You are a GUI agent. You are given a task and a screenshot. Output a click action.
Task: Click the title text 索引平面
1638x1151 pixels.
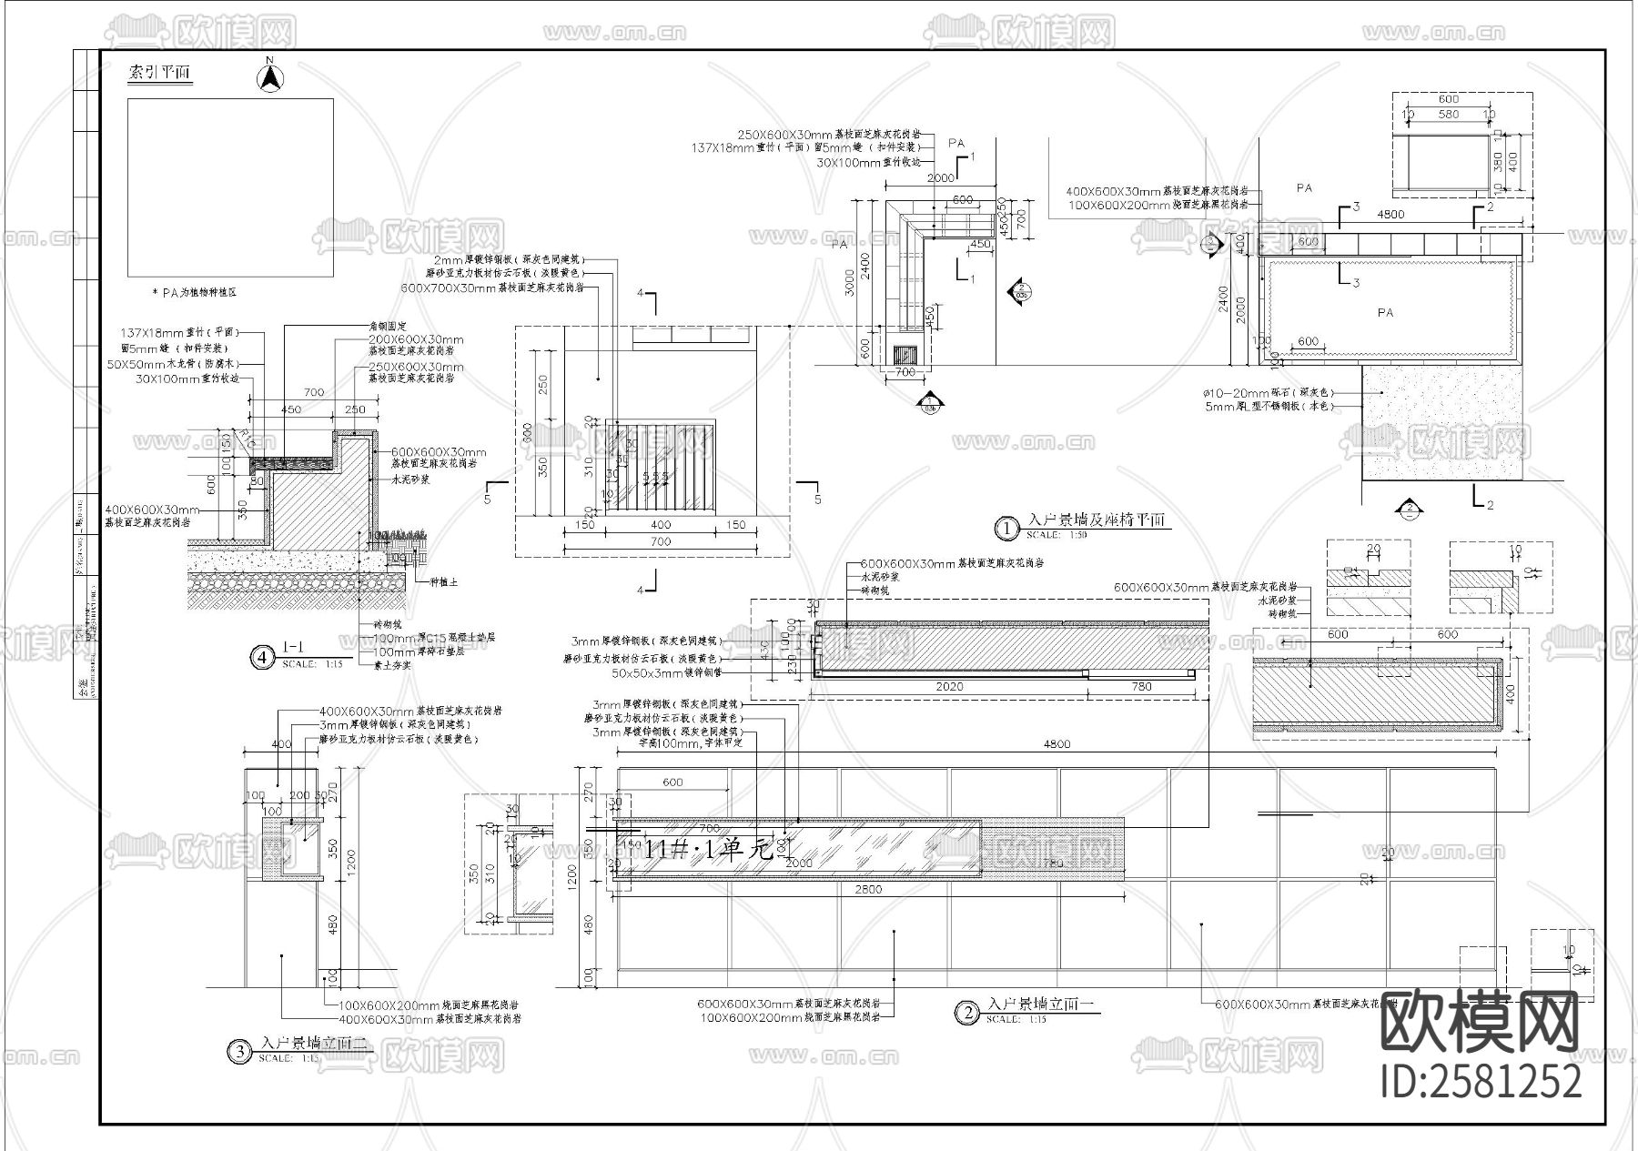click(160, 73)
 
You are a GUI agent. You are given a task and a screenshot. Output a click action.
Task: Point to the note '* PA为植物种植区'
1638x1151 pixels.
click(194, 293)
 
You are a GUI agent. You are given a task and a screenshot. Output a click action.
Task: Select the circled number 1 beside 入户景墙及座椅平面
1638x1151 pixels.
click(1006, 528)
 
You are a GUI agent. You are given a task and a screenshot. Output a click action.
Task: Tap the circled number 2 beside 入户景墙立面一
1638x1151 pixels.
click(966, 1013)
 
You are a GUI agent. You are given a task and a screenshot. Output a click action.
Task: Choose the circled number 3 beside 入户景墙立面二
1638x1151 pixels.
click(238, 1053)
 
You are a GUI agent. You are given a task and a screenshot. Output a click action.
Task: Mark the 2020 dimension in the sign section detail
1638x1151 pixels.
click(949, 688)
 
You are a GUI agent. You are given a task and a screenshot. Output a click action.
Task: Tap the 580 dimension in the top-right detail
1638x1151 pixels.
click(1448, 115)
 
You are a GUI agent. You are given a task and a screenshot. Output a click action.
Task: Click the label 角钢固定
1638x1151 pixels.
click(389, 326)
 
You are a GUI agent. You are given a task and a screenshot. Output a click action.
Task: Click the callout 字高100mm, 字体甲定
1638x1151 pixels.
click(679, 743)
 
